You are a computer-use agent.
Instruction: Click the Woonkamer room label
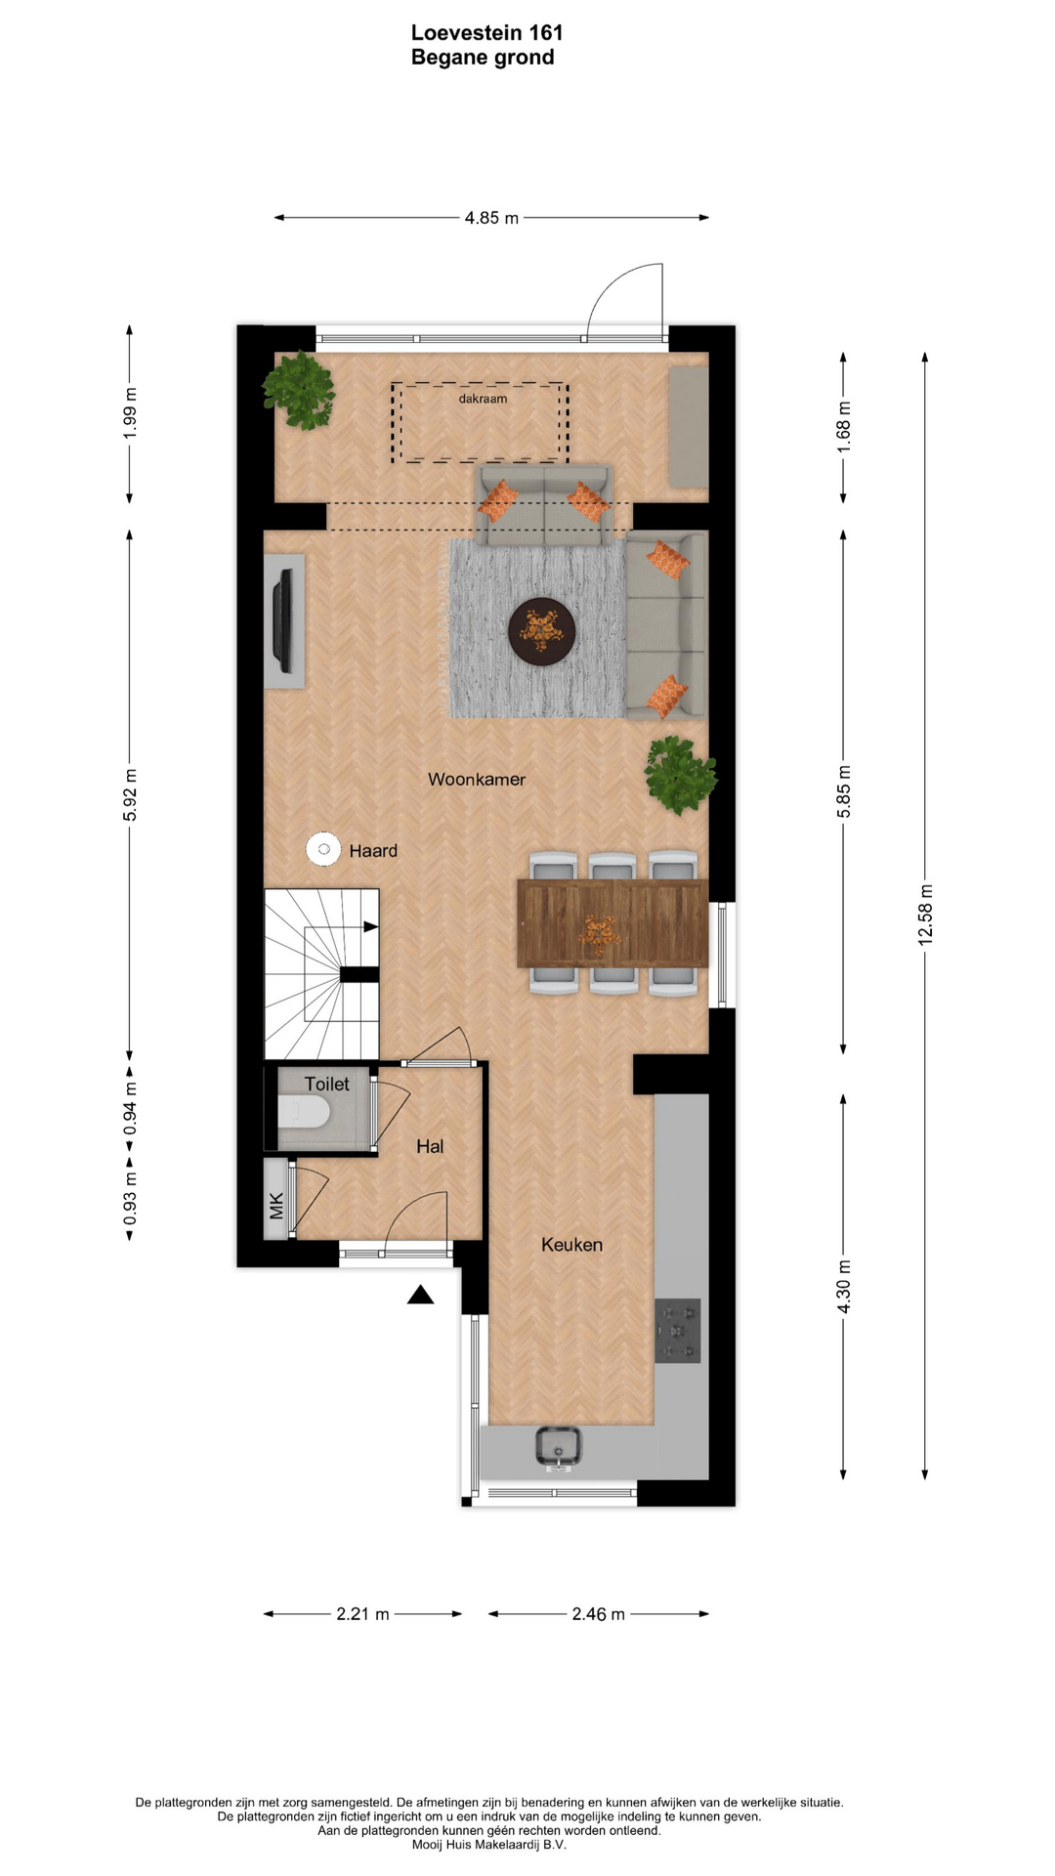pos(477,780)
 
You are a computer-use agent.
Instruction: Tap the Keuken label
pos(571,1245)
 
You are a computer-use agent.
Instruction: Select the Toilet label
pos(326,1085)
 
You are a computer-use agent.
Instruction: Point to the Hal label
pos(430,1147)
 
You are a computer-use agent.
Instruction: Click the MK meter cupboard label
pos(276,1206)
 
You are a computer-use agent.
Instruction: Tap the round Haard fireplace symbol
pos(323,849)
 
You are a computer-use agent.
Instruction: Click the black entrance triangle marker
pos(420,1296)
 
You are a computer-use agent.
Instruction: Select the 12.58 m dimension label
pos(925,915)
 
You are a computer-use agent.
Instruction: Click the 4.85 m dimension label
pos(491,218)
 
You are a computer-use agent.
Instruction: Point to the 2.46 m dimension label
pos(598,1614)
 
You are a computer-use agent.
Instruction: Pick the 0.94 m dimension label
pos(130,1109)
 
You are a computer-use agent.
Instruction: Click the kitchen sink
pos(559,1447)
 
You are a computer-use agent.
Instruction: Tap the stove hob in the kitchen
pos(678,1331)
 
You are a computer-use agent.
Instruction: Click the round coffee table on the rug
pos(541,632)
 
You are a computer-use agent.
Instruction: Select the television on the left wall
pos(282,621)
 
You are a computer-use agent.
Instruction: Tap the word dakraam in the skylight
pos(483,399)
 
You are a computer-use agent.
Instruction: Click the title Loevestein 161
pos(486,33)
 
